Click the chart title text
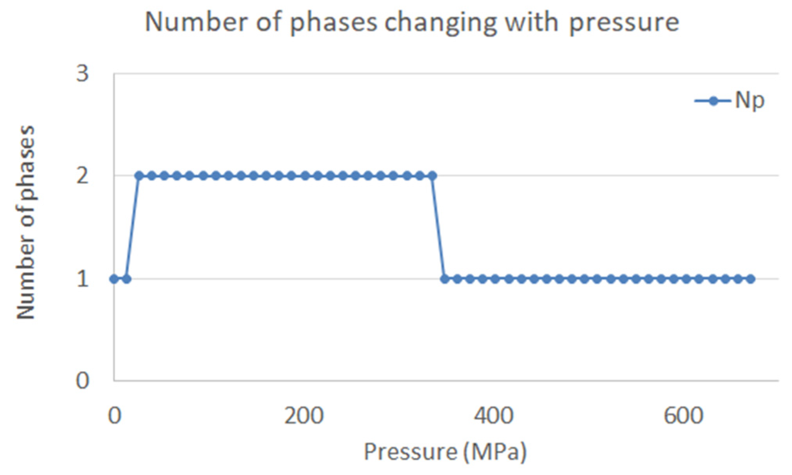412,22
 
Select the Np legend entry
730,101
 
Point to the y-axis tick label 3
82,73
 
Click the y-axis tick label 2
82,176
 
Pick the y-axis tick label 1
82,279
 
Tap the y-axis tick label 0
82,380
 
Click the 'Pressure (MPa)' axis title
445,452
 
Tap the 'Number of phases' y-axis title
26,222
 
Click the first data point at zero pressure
114,279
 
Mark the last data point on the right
751,279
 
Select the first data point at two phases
139,176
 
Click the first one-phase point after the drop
445,279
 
